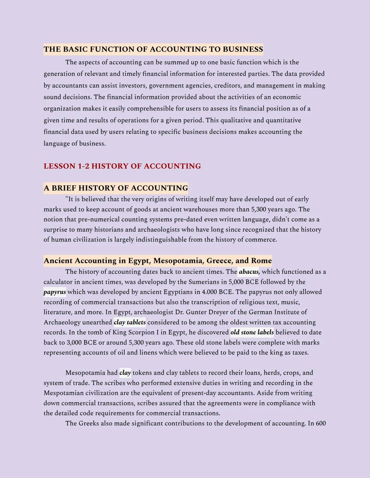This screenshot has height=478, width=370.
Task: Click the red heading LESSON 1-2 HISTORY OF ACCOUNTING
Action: coord(122,166)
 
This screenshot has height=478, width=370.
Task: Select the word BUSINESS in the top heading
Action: coord(243,49)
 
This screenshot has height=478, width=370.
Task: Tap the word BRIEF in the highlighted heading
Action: coord(64,188)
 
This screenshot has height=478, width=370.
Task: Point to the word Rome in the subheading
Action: coord(261,261)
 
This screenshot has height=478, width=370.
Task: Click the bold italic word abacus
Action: coord(249,272)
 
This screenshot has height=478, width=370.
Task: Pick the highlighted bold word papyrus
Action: coord(55,292)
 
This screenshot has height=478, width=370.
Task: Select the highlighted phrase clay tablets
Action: coord(129,322)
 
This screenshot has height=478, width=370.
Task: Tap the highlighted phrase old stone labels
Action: coord(252,332)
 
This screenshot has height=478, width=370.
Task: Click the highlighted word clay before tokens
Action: coord(125,373)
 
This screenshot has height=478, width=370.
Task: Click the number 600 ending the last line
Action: coord(321,423)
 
